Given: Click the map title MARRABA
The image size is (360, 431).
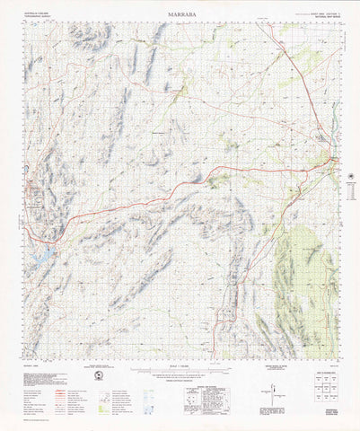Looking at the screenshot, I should coord(180,15).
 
